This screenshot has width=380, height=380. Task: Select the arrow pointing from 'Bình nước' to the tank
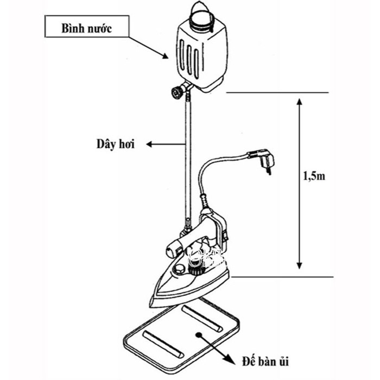click(x=149, y=48)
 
